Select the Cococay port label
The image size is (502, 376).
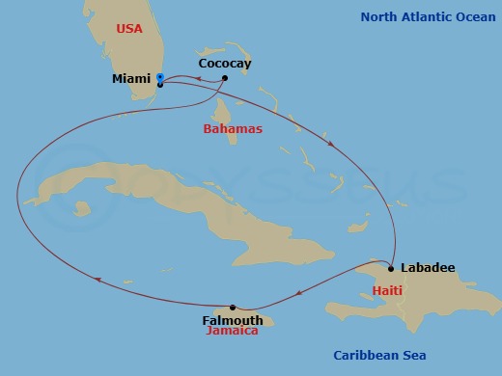(x=224, y=64)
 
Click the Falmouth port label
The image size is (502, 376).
(x=233, y=320)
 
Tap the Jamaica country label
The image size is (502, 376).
(x=233, y=331)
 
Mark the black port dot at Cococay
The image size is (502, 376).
(x=224, y=78)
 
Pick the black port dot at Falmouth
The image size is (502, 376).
(x=233, y=308)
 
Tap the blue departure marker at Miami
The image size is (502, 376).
(x=159, y=77)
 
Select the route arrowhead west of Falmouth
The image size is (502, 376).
(x=98, y=281)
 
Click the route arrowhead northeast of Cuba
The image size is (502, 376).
(x=332, y=145)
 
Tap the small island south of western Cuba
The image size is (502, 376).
(x=83, y=207)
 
